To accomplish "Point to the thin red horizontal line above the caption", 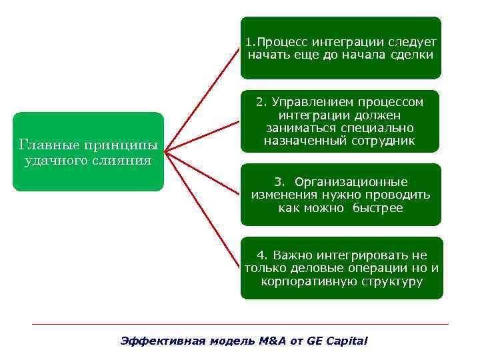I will pos(240,324).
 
